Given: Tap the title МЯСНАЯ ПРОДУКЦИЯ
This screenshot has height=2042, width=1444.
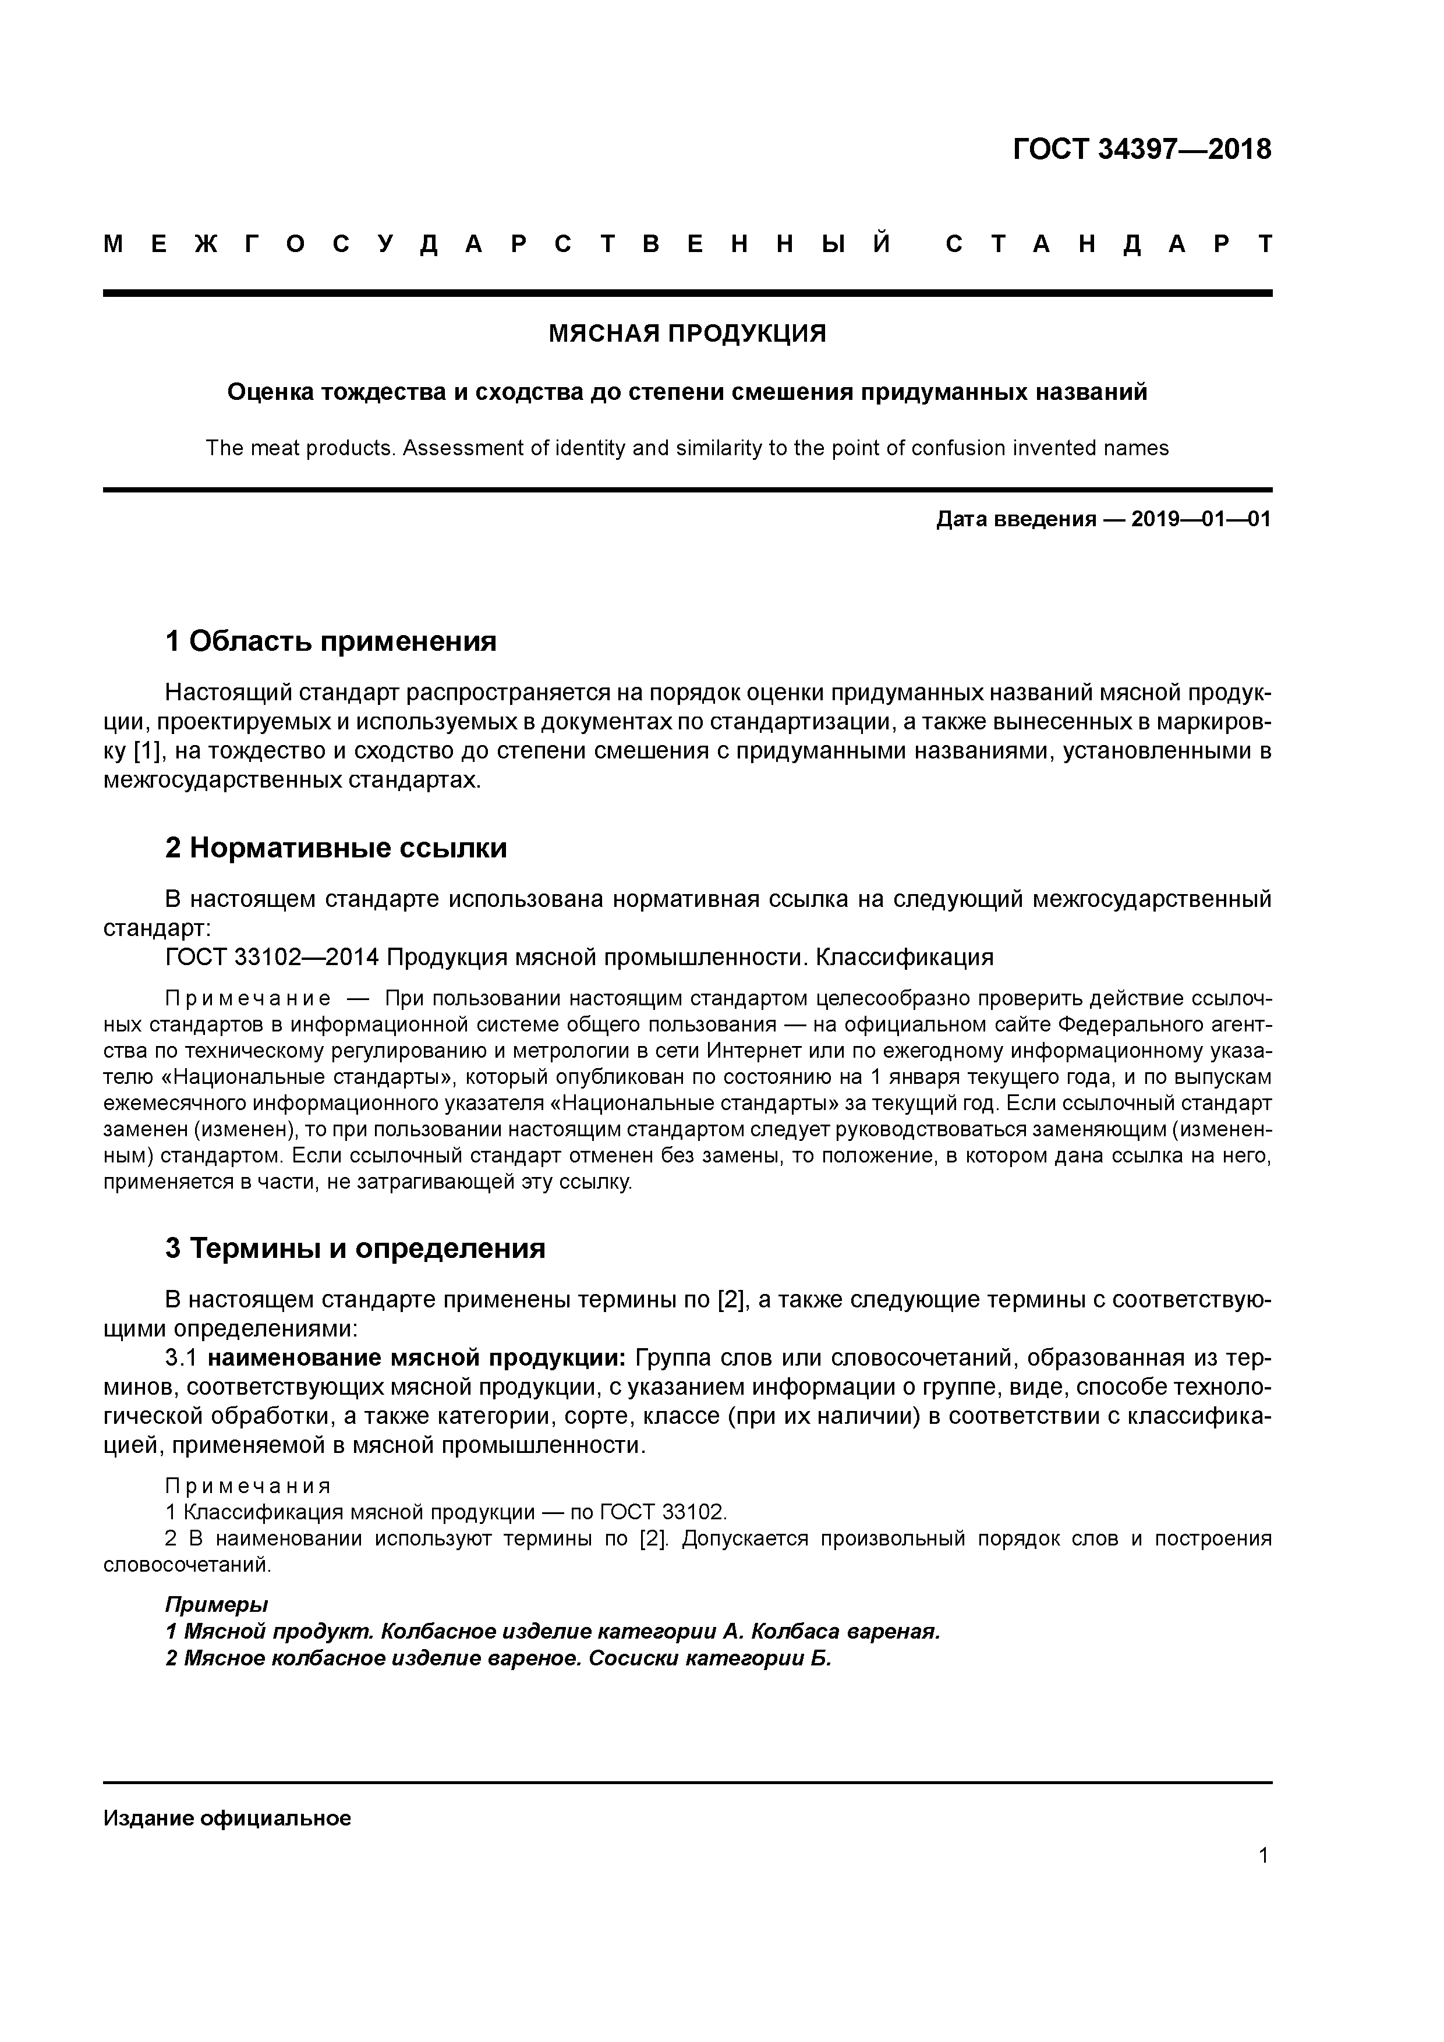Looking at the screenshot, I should coord(687,334).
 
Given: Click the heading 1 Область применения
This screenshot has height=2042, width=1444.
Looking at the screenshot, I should coord(331,641).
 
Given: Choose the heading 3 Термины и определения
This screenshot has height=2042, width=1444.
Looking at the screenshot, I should coord(355,1249).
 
